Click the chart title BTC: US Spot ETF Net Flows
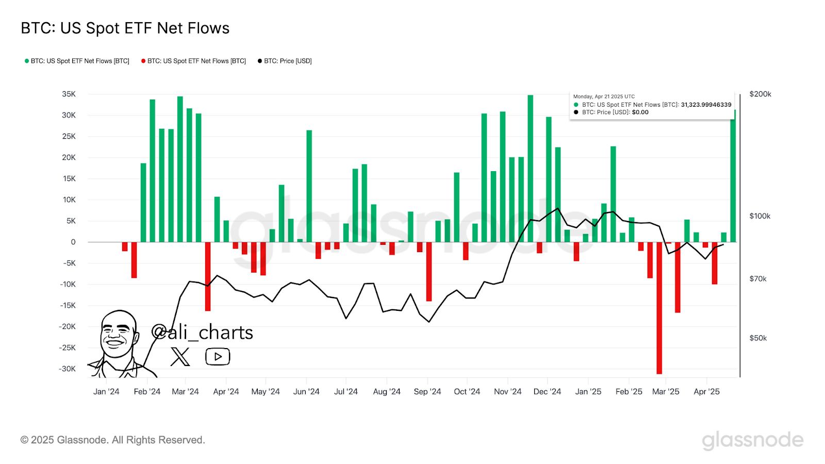[125, 28]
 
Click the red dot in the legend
[143, 61]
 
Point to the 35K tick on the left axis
[69, 94]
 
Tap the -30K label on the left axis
[67, 369]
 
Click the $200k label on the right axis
[760, 94]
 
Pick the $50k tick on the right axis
[758, 338]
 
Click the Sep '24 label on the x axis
[427, 392]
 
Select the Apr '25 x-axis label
[706, 392]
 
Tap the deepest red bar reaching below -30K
[659, 309]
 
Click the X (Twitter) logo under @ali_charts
[180, 357]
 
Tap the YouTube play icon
[218, 357]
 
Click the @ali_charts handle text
[202, 333]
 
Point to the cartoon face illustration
[119, 335]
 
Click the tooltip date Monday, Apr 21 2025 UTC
[604, 96]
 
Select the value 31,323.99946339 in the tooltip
[706, 105]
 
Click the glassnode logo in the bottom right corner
[752, 440]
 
